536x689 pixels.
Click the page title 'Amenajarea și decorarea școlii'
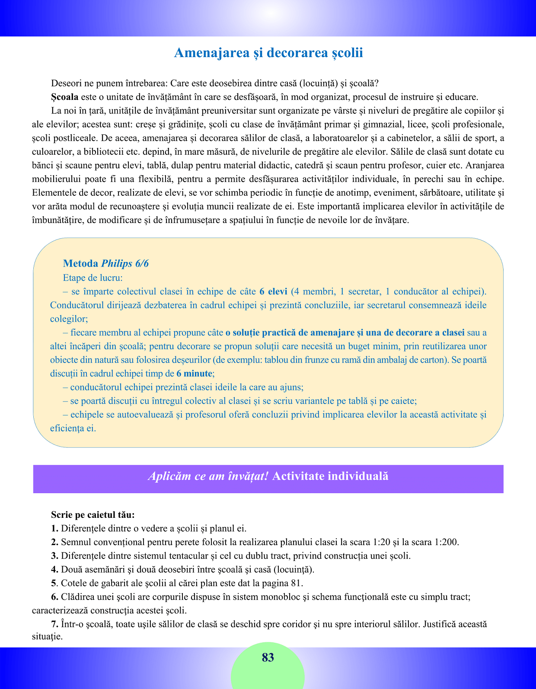point(268,53)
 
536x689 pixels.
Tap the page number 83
point(268,657)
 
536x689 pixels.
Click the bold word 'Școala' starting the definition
point(64,97)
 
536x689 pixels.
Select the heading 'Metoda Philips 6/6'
point(106,264)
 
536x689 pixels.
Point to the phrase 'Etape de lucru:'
point(93,278)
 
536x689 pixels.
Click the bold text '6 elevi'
point(273,291)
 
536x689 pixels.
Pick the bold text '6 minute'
point(195,373)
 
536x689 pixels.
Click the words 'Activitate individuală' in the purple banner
point(331,476)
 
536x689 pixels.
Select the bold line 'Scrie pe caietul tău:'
point(93,515)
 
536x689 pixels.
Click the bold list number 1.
point(54,528)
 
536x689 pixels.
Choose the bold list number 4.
point(54,569)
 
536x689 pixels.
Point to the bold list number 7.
point(54,624)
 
